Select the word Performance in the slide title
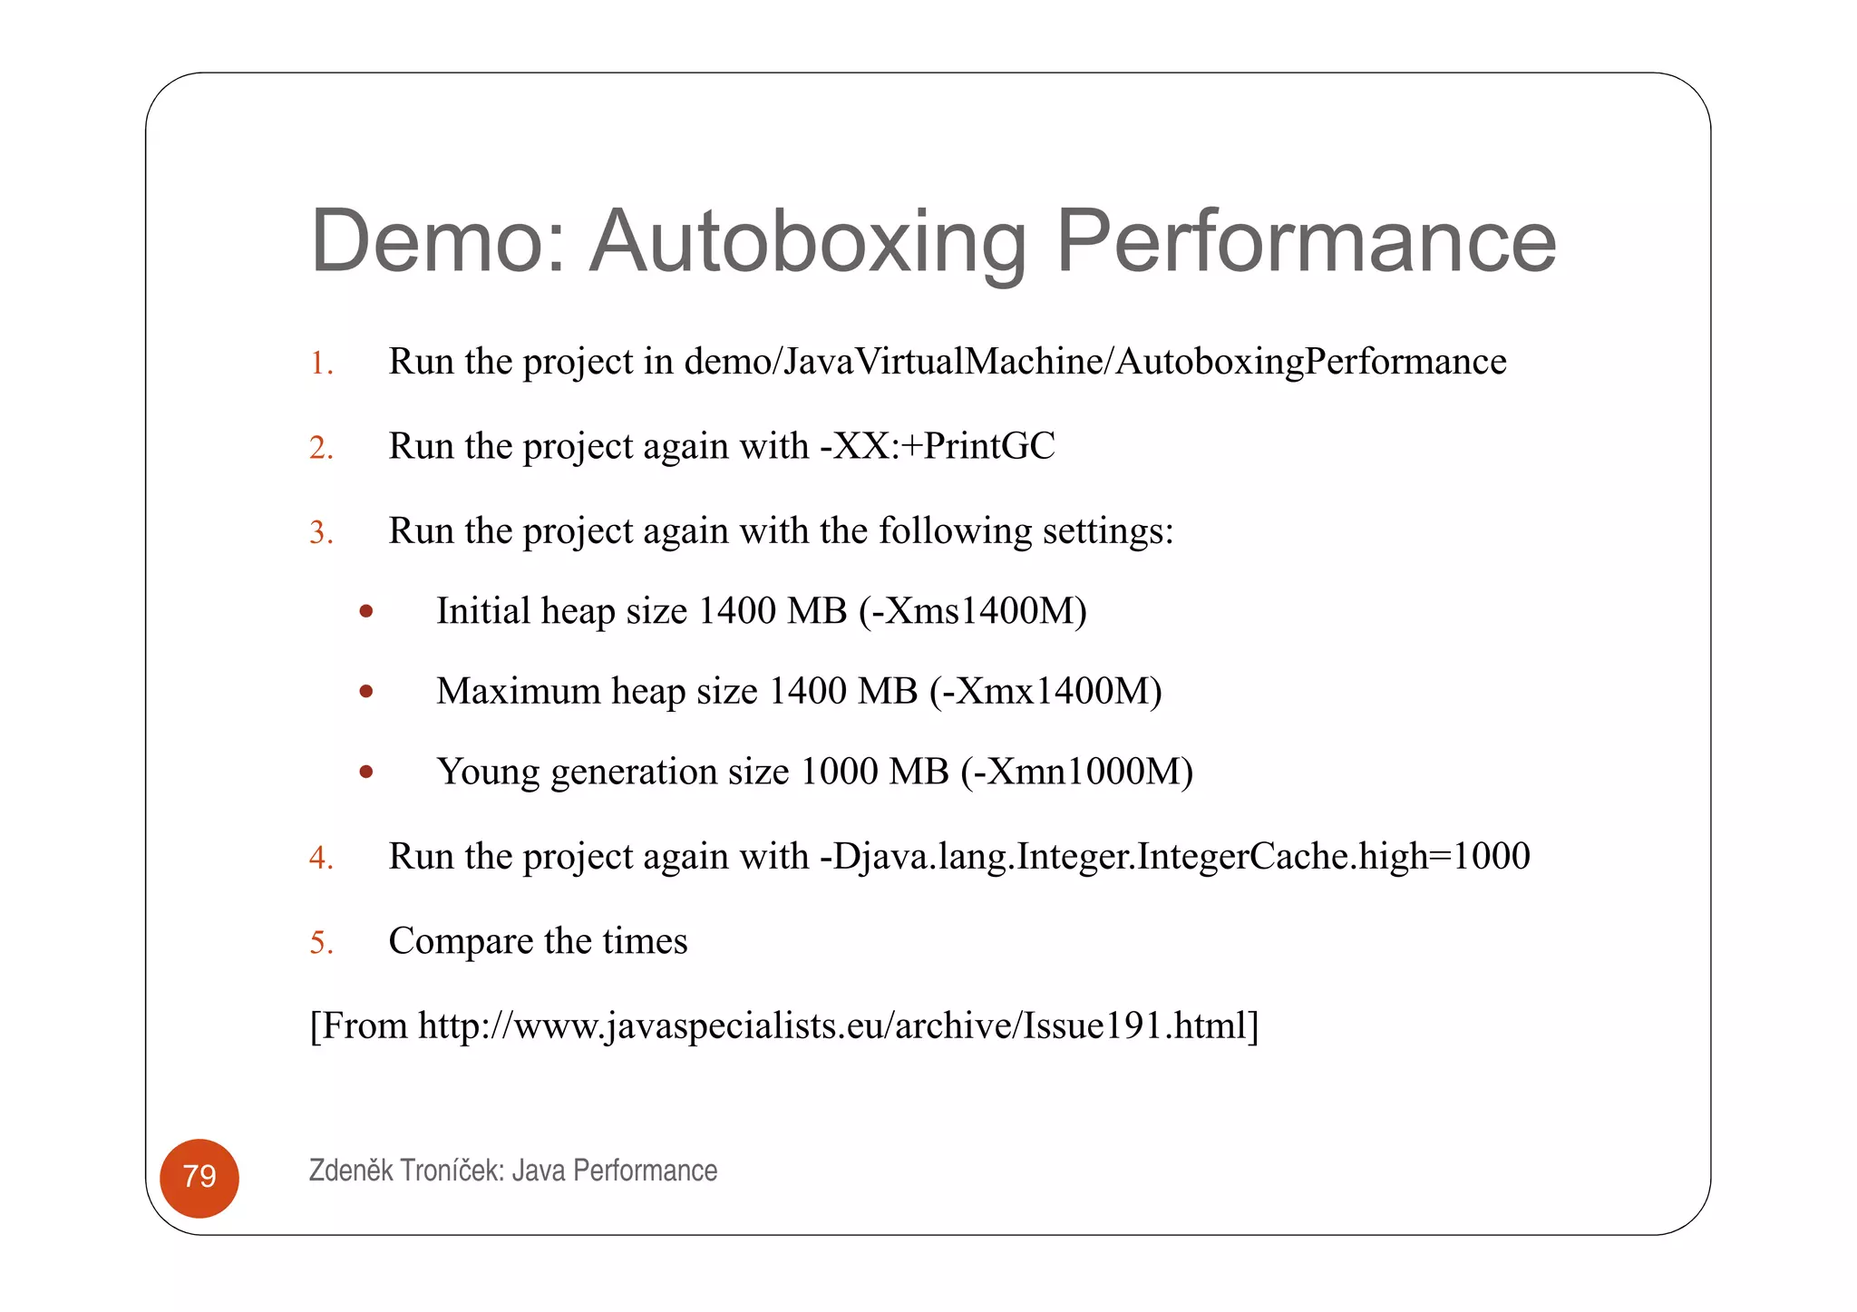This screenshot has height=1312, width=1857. [1306, 241]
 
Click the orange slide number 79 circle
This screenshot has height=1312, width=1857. [199, 1177]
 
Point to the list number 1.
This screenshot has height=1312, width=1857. [321, 364]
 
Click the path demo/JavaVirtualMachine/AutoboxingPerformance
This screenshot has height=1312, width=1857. [1095, 362]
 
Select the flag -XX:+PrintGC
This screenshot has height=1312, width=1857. [937, 446]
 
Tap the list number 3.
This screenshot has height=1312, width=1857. [321, 532]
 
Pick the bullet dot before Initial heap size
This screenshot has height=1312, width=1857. [366, 612]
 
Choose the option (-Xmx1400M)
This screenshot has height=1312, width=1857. [1045, 692]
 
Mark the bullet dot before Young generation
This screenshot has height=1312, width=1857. [366, 773]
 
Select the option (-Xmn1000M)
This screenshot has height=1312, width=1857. [1077, 773]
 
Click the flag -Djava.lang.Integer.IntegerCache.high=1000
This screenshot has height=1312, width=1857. [1174, 857]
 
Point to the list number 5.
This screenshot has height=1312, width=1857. [321, 943]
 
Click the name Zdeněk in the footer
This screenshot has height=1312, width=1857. [351, 1171]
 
